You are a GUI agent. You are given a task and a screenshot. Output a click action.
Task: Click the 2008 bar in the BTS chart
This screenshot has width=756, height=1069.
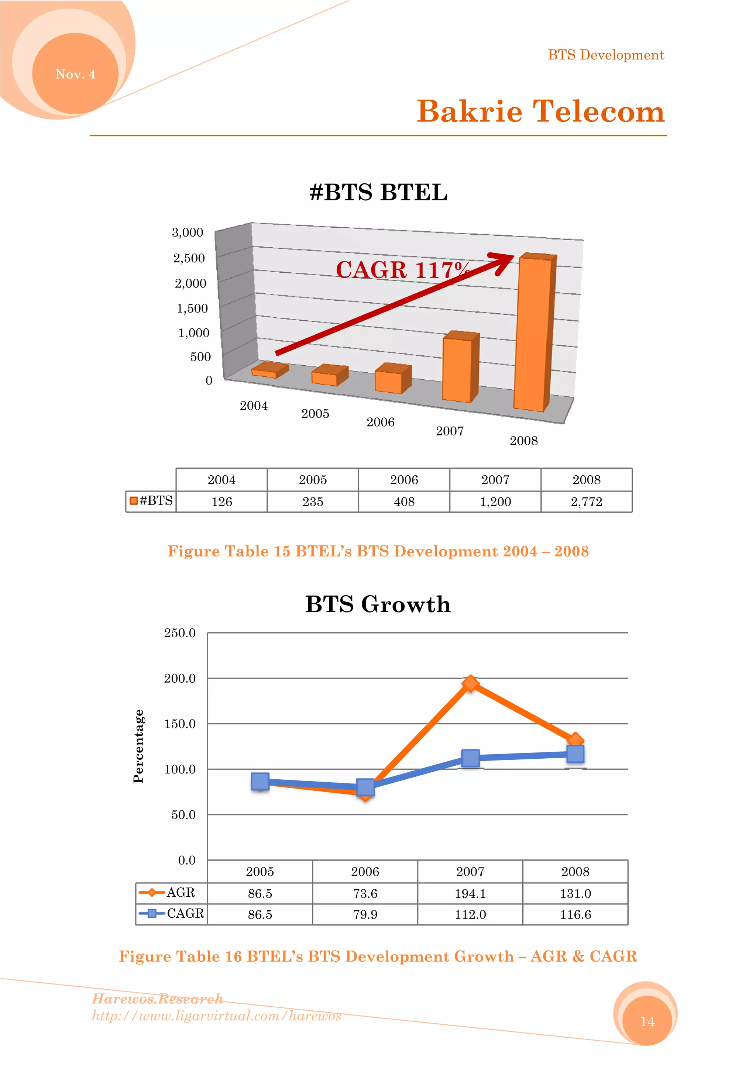[x=533, y=333]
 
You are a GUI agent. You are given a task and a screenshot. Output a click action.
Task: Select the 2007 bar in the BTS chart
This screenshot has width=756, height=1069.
[x=459, y=368]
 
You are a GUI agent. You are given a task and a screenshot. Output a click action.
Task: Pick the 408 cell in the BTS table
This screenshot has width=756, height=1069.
[x=404, y=501]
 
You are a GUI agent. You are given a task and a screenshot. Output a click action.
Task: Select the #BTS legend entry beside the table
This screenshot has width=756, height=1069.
[x=151, y=500]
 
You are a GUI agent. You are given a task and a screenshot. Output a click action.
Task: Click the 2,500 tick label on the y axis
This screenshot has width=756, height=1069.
[x=189, y=258]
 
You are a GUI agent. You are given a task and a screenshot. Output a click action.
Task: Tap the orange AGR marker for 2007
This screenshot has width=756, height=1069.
[x=470, y=683]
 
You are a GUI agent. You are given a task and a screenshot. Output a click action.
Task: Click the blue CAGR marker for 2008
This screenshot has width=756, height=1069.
[x=575, y=754]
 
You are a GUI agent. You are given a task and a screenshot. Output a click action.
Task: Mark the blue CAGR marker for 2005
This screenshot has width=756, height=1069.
[x=260, y=781]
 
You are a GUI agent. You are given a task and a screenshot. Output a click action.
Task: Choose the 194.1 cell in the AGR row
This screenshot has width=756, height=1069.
[x=470, y=893]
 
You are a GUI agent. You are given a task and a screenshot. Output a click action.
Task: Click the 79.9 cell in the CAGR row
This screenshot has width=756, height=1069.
[x=365, y=914]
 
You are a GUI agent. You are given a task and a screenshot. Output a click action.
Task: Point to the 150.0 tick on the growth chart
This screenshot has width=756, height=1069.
[x=180, y=724]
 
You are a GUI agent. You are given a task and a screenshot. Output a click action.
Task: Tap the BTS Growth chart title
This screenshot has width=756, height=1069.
[x=378, y=604]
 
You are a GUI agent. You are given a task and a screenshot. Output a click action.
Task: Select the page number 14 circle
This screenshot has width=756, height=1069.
[x=647, y=1021]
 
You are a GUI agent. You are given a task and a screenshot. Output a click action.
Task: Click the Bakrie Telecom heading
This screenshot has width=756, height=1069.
[x=540, y=112]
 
